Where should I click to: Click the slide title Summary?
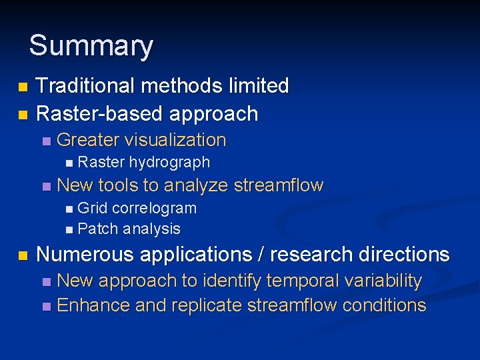[x=91, y=46]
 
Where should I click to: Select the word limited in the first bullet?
[x=257, y=86]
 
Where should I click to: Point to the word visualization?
[x=175, y=141]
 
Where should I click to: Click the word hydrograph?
[x=169, y=162]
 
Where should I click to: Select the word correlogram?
[x=154, y=208]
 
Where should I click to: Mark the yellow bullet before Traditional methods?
[x=23, y=87]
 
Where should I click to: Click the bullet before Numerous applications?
[x=23, y=255]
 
